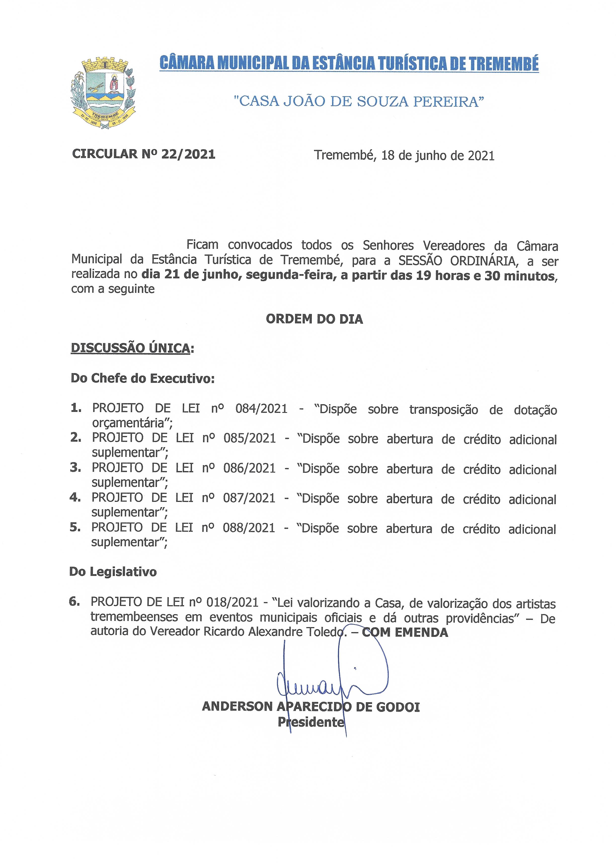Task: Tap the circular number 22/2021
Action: click(188, 154)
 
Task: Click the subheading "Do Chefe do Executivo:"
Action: click(143, 379)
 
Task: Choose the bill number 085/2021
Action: click(249, 438)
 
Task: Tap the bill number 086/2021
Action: click(249, 468)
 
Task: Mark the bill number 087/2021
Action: click(249, 498)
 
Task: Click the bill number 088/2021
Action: click(249, 528)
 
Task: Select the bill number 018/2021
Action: click(232, 603)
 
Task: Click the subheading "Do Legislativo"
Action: click(113, 572)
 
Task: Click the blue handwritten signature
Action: click(330, 683)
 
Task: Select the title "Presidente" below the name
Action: click(311, 722)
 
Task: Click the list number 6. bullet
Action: click(74, 602)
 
